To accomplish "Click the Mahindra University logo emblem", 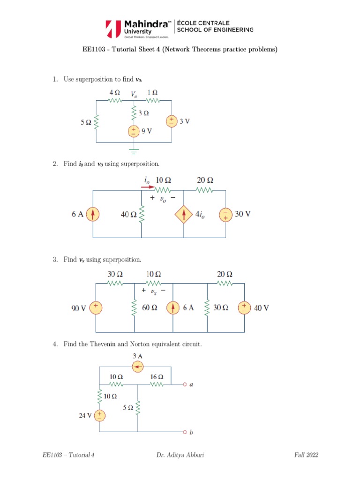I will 113,29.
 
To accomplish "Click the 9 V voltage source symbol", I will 134,131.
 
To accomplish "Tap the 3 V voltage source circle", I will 172,121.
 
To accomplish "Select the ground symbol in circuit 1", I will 134,151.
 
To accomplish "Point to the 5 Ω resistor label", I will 86,122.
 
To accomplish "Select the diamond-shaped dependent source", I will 183,215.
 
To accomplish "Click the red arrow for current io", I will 148,187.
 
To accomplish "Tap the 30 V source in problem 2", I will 225,214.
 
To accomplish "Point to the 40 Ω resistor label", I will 128,215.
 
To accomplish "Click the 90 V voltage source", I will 96,307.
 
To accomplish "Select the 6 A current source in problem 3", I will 173,307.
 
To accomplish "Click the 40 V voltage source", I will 244,307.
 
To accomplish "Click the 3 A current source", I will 137,367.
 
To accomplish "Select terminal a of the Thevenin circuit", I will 186,384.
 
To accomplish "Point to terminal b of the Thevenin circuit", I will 186,432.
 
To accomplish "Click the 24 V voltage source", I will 100,415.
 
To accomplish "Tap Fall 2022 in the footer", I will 307,455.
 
